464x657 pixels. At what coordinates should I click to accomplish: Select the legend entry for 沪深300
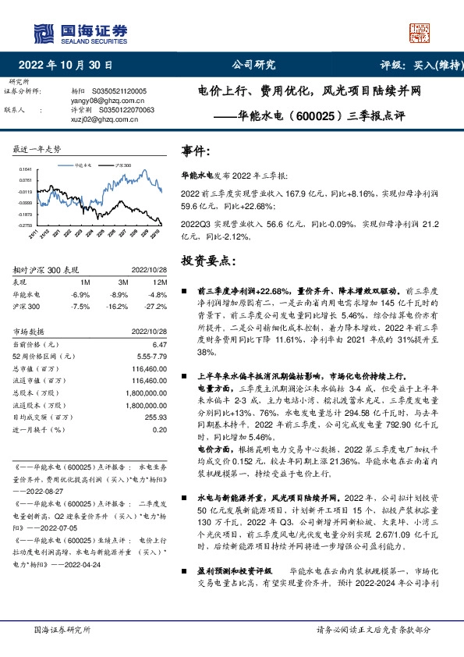point(122,166)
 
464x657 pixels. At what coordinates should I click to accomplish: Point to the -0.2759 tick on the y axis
point(25,225)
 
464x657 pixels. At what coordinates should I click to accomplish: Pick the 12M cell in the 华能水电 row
point(158,295)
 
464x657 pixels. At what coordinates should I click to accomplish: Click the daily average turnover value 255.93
point(156,419)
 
